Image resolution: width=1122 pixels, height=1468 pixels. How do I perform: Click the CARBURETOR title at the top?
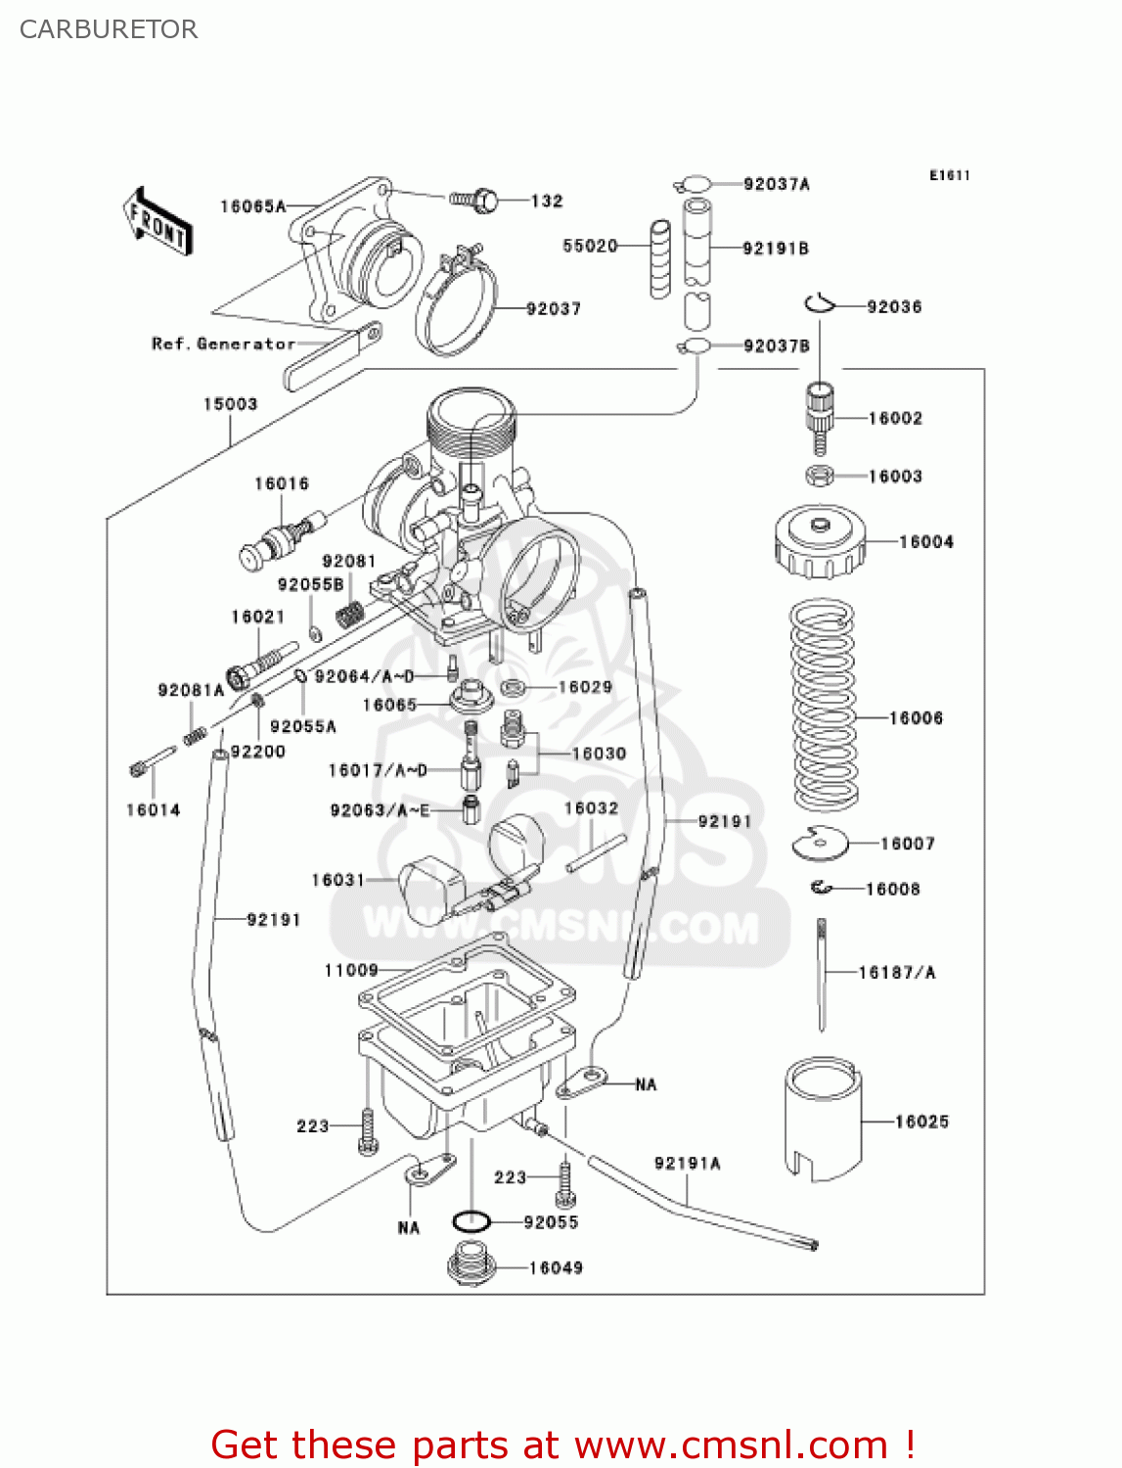pyautogui.click(x=109, y=29)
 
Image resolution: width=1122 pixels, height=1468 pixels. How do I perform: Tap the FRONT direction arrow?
pyautogui.click(x=157, y=222)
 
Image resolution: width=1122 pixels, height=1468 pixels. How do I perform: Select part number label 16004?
pyautogui.click(x=925, y=542)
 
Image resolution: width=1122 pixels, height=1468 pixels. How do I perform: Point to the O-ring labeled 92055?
pyautogui.click(x=471, y=1221)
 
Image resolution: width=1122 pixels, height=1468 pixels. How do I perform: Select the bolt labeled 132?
pyautogui.click(x=475, y=201)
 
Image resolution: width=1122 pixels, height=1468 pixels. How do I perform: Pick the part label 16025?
pyautogui.click(x=921, y=1122)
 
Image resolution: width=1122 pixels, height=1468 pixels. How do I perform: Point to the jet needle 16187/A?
pyautogui.click(x=822, y=973)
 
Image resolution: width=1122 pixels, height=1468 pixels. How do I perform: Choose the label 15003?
pyautogui.click(x=230, y=404)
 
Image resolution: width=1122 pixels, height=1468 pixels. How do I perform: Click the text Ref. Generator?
pyautogui.click(x=223, y=344)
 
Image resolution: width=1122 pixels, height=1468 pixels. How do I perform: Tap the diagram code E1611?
pyautogui.click(x=949, y=175)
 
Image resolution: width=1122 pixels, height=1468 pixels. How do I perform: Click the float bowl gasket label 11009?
pyautogui.click(x=351, y=970)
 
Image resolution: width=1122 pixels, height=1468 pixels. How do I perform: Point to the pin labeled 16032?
pyautogui.click(x=596, y=852)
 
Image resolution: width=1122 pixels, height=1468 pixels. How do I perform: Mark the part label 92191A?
pyautogui.click(x=687, y=1164)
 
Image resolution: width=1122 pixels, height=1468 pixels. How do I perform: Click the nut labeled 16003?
pyautogui.click(x=820, y=477)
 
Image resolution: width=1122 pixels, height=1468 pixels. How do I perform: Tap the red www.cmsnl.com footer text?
pyautogui.click(x=562, y=1445)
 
